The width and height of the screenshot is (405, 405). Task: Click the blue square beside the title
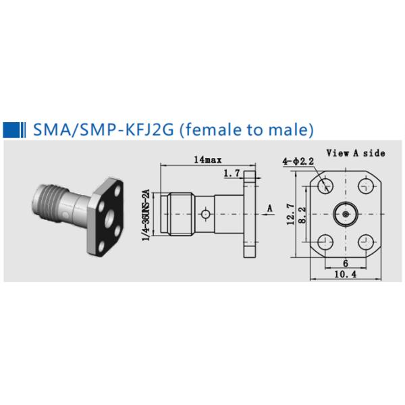(11, 130)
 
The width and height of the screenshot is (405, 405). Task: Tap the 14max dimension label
(208, 160)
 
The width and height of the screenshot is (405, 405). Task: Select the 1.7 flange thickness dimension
(232, 173)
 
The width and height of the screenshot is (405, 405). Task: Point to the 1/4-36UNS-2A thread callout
(146, 215)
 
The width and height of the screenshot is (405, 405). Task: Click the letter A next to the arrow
(270, 208)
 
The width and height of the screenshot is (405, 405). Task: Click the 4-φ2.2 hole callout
(298, 161)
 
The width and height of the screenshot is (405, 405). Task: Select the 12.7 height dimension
(290, 214)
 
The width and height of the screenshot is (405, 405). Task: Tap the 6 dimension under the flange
(346, 263)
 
